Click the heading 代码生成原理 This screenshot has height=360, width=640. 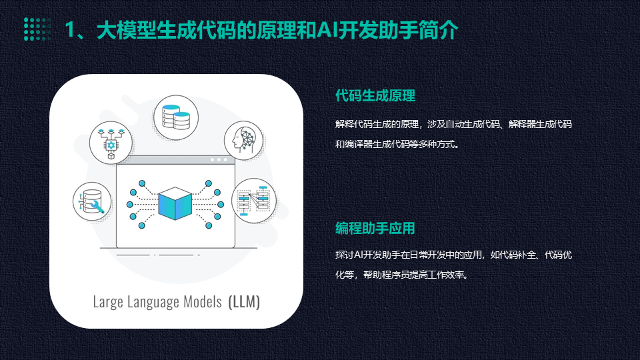(x=375, y=95)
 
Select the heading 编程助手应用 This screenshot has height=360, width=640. (x=375, y=228)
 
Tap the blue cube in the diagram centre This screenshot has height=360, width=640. (x=175, y=203)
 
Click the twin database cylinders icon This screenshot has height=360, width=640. (x=176, y=117)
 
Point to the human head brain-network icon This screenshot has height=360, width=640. (x=244, y=141)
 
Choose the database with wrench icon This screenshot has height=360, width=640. (x=92, y=201)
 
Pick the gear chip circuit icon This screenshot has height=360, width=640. (x=111, y=143)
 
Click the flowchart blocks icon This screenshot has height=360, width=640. (x=254, y=201)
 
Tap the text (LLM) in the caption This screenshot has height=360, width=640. (x=244, y=302)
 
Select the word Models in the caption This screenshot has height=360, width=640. (x=203, y=301)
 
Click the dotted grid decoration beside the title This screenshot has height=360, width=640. (x=37, y=29)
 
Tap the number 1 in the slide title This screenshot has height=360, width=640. (x=70, y=30)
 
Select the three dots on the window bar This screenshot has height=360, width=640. (x=219, y=159)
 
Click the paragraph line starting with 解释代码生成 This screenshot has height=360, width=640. (x=453, y=124)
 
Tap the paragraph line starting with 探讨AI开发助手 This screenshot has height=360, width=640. (x=453, y=255)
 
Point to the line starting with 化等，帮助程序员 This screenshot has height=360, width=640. (x=402, y=275)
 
